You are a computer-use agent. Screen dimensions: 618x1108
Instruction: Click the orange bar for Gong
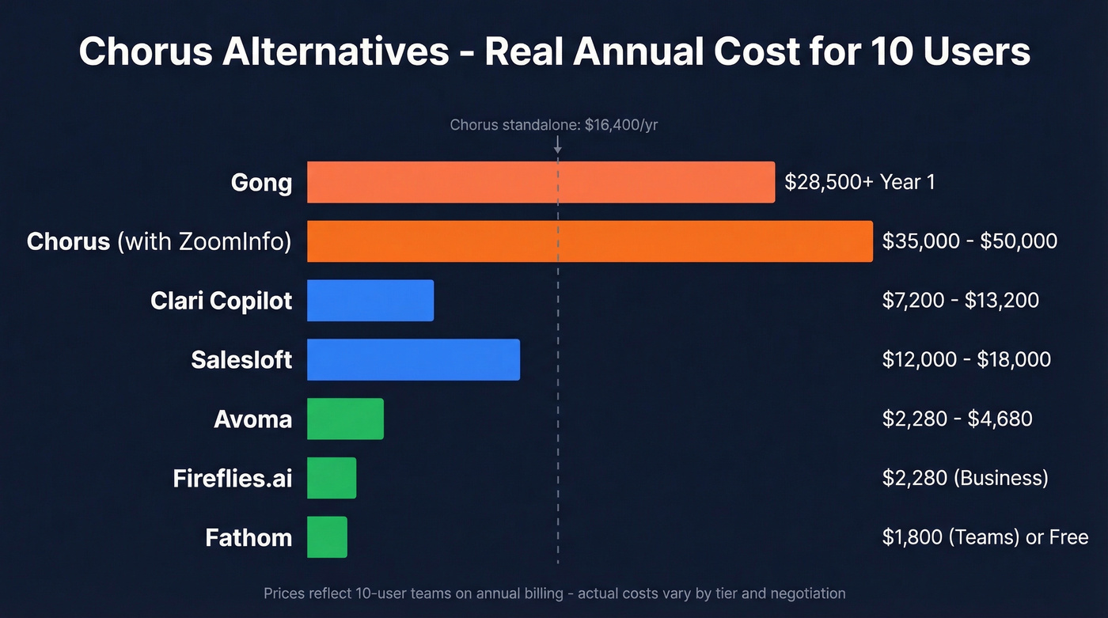coord(541,182)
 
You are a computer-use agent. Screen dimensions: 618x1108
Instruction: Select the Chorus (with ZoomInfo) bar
coord(590,241)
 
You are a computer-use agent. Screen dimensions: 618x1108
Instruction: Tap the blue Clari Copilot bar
coord(370,301)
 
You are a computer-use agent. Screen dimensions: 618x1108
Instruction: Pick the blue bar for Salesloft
coord(413,360)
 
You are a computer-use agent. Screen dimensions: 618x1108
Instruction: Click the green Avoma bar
coord(345,419)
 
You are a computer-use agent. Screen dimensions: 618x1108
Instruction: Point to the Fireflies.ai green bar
coord(332,478)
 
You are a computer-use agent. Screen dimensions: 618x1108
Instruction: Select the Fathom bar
coord(327,537)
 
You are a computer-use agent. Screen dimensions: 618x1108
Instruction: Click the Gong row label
coord(261,183)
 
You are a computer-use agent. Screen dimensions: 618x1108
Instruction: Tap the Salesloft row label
coord(241,360)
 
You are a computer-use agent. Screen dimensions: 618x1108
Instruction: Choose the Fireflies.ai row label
coord(233,479)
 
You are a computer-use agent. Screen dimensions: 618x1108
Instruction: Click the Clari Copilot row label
coord(221,301)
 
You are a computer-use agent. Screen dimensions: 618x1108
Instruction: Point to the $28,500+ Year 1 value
coord(859,182)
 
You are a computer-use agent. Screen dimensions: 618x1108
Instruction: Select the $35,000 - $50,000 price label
coord(970,241)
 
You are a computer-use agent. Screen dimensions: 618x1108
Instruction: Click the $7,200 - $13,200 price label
coord(960,300)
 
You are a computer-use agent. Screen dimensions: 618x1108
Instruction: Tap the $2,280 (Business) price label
coord(965,478)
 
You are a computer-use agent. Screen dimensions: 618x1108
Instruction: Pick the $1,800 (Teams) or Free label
coord(985,537)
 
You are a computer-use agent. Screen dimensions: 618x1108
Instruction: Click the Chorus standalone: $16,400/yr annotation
coord(553,125)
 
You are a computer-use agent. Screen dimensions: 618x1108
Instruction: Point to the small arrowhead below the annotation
coord(558,148)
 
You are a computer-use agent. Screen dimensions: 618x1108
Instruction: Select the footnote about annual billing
coord(554,593)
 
